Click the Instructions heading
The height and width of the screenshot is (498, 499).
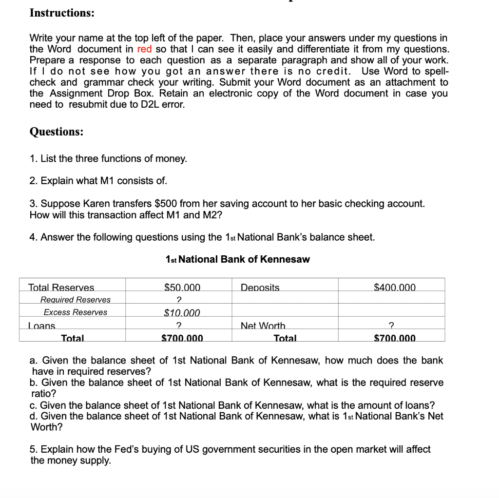[62, 13]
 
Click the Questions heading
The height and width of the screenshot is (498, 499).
[56, 132]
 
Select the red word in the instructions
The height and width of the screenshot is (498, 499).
[145, 49]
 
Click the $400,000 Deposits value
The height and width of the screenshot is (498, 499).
[395, 287]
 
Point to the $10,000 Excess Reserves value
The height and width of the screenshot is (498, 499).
[182, 313]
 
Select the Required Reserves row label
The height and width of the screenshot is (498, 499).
[76, 300]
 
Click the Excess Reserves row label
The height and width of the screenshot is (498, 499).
[76, 312]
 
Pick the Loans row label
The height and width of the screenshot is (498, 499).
[42, 326]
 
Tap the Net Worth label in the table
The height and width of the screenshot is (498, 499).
[263, 326]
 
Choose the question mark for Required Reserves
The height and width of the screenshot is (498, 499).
[178, 300]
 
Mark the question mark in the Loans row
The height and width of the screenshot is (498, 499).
[178, 326]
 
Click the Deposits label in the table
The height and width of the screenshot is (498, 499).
[260, 287]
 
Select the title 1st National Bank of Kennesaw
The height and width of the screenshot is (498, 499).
[237, 259]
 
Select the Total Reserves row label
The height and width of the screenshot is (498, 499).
[61, 287]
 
